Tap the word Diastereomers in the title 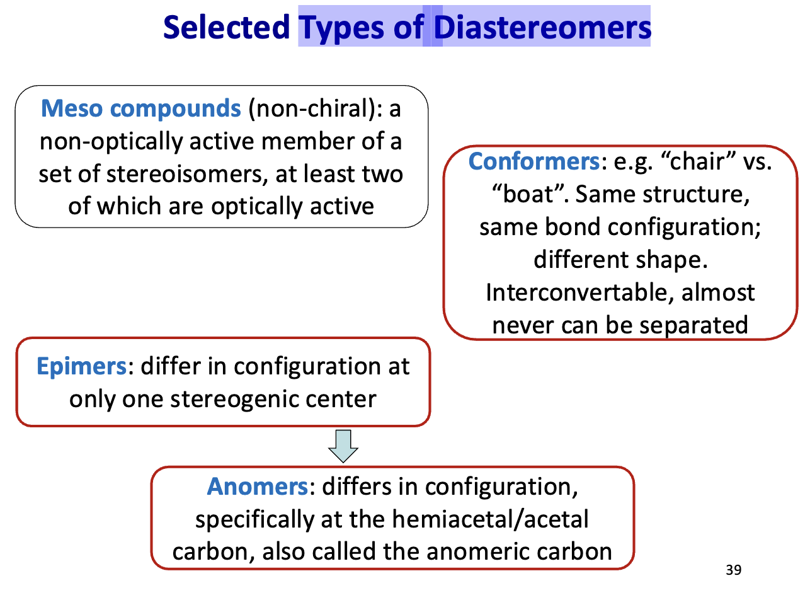tap(542, 28)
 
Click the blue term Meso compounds tap(140, 109)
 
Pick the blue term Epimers tap(81, 366)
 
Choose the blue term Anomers tap(256, 487)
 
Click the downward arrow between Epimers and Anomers tap(343, 446)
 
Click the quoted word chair tap(696, 162)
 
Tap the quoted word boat tap(527, 195)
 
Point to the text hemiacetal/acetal tap(490, 519)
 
